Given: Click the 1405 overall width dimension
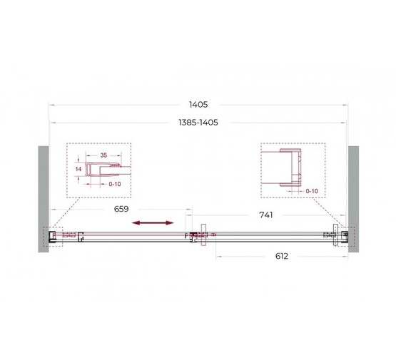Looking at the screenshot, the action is pos(198,105).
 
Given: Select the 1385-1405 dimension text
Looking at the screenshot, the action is pos(198,123).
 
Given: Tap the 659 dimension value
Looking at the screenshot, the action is pos(121,209).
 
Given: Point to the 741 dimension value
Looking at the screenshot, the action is pos(266,215).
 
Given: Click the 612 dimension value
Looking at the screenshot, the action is pos(282,257).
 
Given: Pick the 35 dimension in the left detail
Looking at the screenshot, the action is pos(103,155).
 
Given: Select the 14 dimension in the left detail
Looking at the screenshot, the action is pos(78,169).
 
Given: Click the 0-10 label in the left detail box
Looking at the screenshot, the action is pos(115,184).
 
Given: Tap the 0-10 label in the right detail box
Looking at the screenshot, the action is pos(312,191).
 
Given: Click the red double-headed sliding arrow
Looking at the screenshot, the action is pos(153,222).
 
